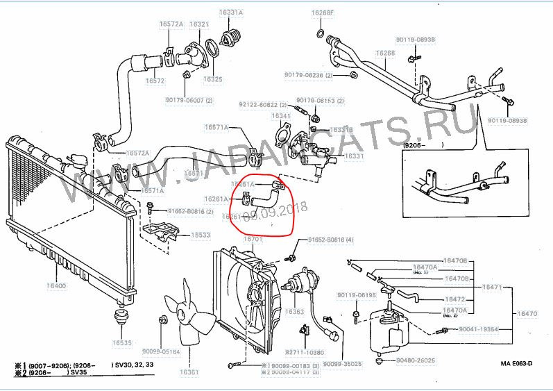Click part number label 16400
click(x=56, y=285)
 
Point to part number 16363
click(x=294, y=312)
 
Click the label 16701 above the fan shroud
click(x=253, y=239)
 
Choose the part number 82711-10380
click(x=304, y=353)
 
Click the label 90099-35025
click(x=343, y=363)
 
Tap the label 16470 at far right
click(x=527, y=314)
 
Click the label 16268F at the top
click(x=322, y=13)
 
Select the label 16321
click(x=198, y=24)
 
